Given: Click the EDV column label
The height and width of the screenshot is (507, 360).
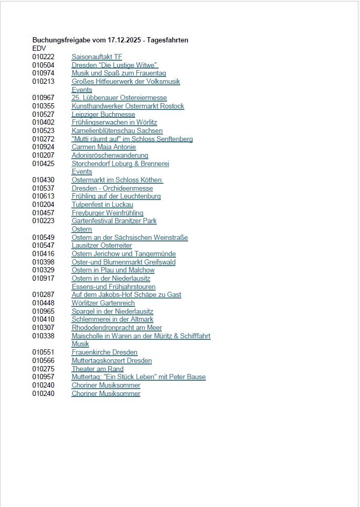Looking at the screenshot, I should (x=39, y=48).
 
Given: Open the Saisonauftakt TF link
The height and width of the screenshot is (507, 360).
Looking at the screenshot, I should (x=96, y=57).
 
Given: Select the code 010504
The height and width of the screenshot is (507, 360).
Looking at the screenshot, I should (x=43, y=65).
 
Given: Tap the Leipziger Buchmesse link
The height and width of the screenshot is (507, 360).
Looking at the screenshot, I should (x=103, y=114).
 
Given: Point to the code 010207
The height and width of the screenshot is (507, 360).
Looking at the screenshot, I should (x=43, y=156).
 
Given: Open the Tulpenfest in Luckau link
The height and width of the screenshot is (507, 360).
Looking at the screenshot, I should (x=102, y=204).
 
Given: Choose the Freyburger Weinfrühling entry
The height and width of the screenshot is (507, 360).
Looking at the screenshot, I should (x=107, y=213).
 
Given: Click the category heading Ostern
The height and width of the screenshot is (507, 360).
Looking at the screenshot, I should (x=82, y=229).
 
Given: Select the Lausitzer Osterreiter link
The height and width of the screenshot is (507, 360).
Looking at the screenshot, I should (x=102, y=246).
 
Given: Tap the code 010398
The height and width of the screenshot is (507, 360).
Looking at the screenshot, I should (x=43, y=262).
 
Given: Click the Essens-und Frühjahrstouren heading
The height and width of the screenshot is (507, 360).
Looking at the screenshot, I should (x=114, y=286).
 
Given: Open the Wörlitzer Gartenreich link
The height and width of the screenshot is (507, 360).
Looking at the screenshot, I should (x=103, y=303).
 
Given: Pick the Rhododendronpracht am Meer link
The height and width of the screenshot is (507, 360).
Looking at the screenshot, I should (x=117, y=328).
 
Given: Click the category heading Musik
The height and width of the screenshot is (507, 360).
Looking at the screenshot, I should (x=80, y=344).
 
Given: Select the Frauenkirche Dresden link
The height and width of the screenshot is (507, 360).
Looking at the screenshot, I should (x=104, y=352).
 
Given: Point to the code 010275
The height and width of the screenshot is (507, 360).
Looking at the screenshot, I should (x=43, y=369).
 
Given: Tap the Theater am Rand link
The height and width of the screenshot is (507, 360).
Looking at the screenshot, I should (x=97, y=369).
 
